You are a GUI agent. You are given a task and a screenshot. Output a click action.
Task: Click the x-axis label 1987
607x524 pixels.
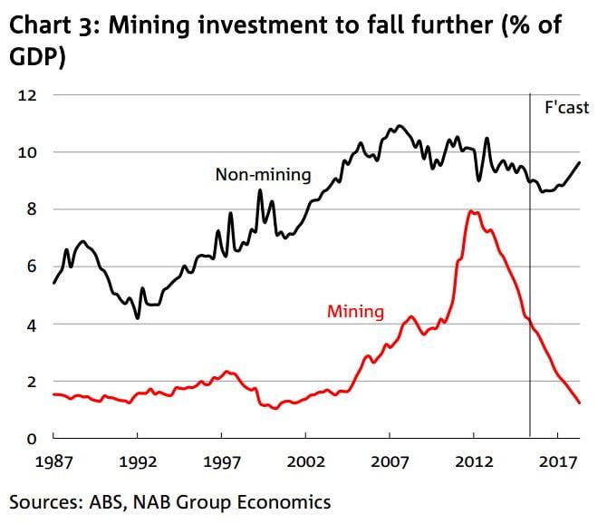click(53, 461)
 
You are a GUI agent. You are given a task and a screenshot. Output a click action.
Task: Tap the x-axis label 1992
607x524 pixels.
click(138, 461)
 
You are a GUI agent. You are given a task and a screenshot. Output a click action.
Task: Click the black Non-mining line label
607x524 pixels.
click(263, 175)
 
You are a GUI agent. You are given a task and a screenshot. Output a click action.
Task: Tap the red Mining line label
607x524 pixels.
click(355, 313)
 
